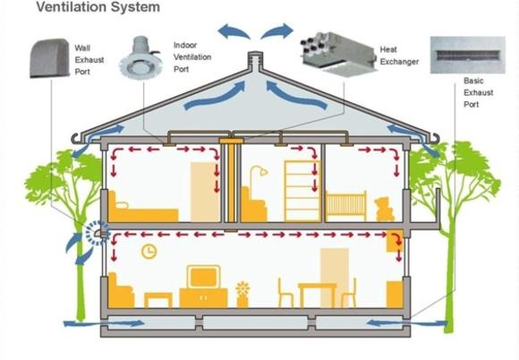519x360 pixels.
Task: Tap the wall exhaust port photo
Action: click(x=50, y=58)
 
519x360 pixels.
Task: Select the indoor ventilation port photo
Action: click(x=140, y=58)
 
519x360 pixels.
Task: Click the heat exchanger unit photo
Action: click(x=338, y=54)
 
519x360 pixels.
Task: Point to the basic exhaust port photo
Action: click(x=468, y=55)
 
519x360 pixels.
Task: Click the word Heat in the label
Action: click(x=388, y=49)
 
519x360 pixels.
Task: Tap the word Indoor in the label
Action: click(x=185, y=45)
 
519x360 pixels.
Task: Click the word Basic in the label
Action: click(x=473, y=81)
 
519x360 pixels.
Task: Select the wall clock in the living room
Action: click(x=149, y=252)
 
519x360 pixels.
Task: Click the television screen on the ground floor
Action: click(x=203, y=277)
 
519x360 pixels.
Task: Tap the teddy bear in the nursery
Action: click(x=385, y=209)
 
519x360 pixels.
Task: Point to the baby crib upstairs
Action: click(x=346, y=206)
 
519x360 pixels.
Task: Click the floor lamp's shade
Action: click(x=263, y=172)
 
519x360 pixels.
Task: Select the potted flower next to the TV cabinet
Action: click(x=242, y=295)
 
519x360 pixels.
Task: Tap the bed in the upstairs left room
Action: click(x=143, y=208)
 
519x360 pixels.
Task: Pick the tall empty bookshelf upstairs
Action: click(x=302, y=191)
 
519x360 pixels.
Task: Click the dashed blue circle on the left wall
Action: click(x=97, y=233)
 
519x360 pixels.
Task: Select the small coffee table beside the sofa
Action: click(x=158, y=300)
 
